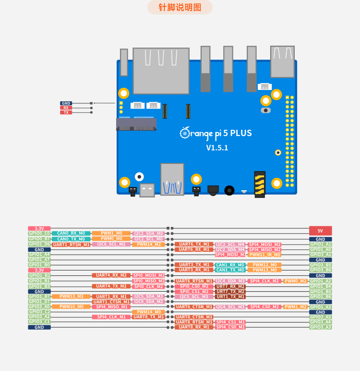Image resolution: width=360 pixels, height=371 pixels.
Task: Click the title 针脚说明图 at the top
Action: pos(180,8)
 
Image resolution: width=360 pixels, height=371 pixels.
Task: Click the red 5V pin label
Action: pos(320,231)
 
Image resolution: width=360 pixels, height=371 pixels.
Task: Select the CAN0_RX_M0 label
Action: pos(71,233)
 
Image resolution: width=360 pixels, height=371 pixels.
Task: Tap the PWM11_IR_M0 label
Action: pos(264,255)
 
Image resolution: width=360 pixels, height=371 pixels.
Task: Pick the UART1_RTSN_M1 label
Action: pos(72,245)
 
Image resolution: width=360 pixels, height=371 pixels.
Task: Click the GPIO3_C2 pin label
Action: pos(39,312)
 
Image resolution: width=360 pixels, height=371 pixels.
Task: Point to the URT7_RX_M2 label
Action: pos(230,286)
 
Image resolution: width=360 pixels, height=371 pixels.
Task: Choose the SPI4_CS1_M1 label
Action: pos(230,322)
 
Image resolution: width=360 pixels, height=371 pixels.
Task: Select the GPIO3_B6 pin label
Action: pos(320,270)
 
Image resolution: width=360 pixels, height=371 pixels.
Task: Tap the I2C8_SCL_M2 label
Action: pos(111,244)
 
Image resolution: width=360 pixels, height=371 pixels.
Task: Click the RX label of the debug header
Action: pos(66,108)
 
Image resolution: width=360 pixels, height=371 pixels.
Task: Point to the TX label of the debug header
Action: pos(66,112)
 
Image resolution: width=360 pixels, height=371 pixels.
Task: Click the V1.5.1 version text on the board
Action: pos(217,148)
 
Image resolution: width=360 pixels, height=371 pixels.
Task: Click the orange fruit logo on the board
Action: pos(185,133)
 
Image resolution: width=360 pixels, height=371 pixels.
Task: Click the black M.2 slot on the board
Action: pos(136,124)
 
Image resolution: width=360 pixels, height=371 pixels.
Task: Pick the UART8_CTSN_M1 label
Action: pos(194,317)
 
